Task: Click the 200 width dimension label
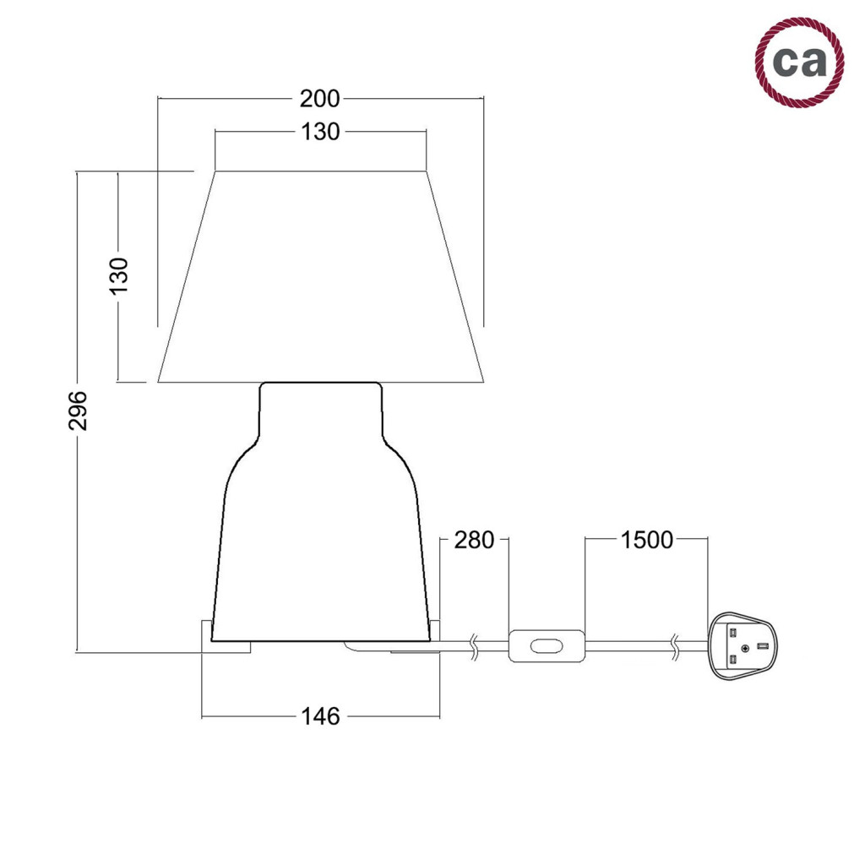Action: [320, 99]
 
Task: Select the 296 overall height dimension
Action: [78, 411]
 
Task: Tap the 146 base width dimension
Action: [320, 716]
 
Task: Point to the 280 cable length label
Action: [474, 540]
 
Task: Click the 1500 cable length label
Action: [646, 540]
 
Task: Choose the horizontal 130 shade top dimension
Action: [320, 132]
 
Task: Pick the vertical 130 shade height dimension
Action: [118, 275]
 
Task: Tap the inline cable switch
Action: [547, 646]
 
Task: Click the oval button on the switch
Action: [547, 646]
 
